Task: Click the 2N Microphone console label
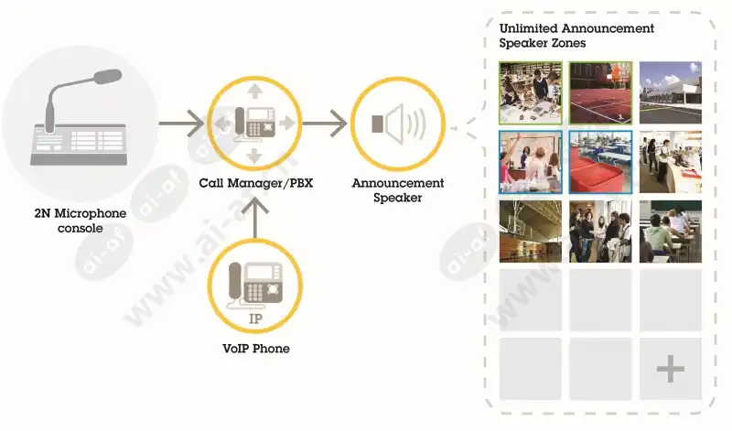(x=81, y=221)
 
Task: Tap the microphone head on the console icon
(x=108, y=77)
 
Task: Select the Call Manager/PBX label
(x=256, y=183)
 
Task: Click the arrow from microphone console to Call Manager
(x=181, y=124)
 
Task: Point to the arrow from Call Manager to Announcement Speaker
(x=325, y=124)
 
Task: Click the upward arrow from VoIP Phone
(x=255, y=218)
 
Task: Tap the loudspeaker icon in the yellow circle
(x=399, y=124)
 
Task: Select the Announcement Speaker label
(x=398, y=190)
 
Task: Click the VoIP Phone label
(x=256, y=349)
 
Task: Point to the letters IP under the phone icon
(x=255, y=319)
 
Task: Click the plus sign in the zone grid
(x=671, y=369)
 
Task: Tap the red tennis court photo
(x=600, y=92)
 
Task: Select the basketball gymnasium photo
(x=531, y=232)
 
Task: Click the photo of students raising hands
(x=531, y=162)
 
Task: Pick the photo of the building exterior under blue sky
(x=671, y=92)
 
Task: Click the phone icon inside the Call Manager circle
(x=255, y=124)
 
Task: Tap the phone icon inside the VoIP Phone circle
(x=255, y=285)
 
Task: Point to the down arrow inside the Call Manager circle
(x=254, y=156)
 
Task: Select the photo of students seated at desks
(x=671, y=232)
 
